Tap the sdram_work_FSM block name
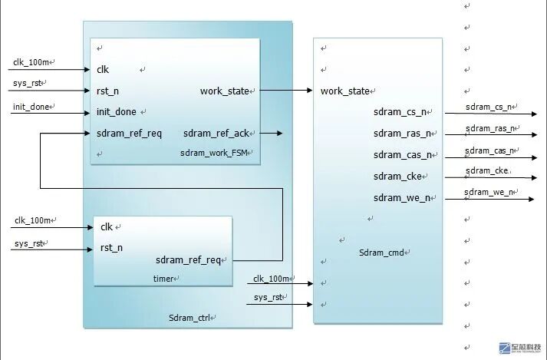(216, 153)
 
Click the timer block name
(163, 279)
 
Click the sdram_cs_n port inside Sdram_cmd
(399, 112)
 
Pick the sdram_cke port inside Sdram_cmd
(398, 177)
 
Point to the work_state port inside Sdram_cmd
(344, 91)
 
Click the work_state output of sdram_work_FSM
(225, 91)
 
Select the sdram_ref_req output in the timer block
(188, 260)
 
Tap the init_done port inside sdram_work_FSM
(116, 112)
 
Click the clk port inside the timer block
(106, 226)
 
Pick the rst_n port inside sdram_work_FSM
(107, 91)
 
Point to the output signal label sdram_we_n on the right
(487, 192)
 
